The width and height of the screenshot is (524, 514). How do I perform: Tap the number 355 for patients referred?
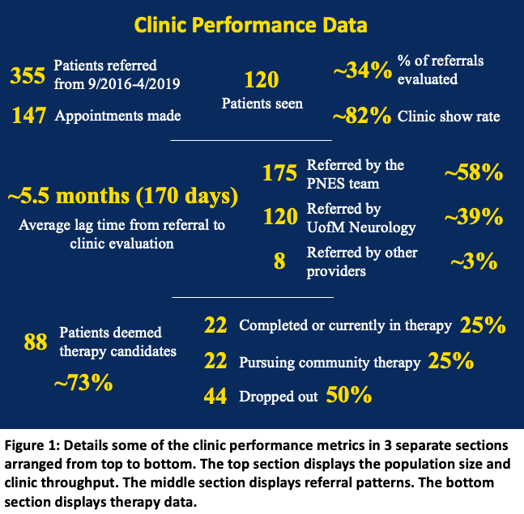(x=28, y=75)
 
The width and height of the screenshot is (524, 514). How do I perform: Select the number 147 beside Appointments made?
(x=28, y=116)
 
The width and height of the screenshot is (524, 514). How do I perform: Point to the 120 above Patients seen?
(x=261, y=79)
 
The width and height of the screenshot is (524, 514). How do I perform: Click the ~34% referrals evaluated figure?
(x=362, y=72)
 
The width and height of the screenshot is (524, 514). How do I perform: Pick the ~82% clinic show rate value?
(x=362, y=117)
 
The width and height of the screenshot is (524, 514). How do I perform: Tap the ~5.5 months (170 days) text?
(x=123, y=197)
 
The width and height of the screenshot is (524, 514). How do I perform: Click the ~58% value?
(x=474, y=173)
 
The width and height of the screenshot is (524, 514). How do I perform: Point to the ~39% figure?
(x=474, y=217)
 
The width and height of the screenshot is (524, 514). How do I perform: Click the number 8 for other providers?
(x=279, y=261)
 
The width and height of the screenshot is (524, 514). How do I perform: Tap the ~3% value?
(x=474, y=261)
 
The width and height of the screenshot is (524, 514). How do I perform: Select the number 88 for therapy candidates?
(x=35, y=342)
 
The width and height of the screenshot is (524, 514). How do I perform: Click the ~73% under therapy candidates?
(x=83, y=381)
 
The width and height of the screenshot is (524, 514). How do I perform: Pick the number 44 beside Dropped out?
(x=215, y=397)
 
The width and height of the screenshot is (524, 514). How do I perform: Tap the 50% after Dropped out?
(x=349, y=397)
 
